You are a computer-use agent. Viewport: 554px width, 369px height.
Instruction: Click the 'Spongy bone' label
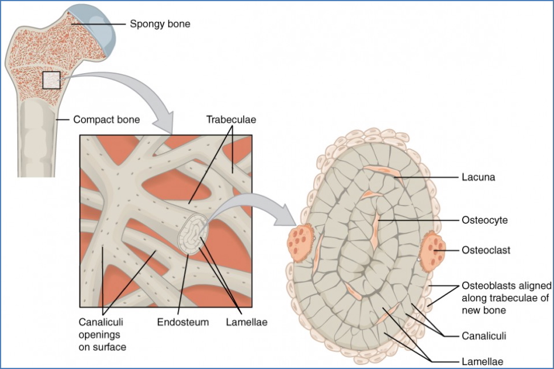click(160, 25)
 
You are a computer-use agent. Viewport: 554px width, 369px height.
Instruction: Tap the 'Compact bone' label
click(106, 120)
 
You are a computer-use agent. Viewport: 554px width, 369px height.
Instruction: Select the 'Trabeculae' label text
click(231, 120)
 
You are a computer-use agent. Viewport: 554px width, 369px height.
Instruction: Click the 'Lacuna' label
click(478, 177)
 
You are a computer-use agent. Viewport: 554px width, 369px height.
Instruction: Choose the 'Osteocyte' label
click(484, 219)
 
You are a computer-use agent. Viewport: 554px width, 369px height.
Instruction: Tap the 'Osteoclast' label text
click(486, 250)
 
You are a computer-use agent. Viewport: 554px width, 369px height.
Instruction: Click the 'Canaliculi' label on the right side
click(484, 336)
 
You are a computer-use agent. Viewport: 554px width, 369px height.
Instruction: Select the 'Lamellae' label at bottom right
click(482, 361)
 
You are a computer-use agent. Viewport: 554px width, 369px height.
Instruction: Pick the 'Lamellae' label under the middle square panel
click(245, 322)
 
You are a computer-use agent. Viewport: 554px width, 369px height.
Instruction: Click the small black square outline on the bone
click(51, 80)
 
